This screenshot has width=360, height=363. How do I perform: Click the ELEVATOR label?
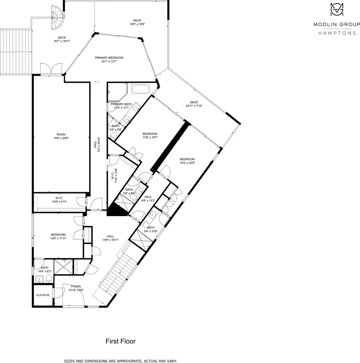[43, 295]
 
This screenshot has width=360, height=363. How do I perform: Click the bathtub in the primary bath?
[141, 89]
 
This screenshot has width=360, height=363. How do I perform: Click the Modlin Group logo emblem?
[337, 9]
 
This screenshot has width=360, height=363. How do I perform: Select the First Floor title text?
[121, 341]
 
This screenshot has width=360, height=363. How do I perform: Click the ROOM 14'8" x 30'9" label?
[61, 136]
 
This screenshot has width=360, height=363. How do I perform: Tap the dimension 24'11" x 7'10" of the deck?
[194, 106]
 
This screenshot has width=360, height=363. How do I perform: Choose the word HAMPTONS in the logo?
[337, 33]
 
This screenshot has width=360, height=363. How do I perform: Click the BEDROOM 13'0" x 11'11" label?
[58, 236]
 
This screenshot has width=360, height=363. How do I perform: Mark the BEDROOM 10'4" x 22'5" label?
[187, 161]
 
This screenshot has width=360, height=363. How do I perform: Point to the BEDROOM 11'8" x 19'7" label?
[150, 135]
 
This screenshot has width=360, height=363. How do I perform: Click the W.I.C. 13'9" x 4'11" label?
[59, 200]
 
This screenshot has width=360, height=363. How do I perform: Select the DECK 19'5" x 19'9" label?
[137, 22]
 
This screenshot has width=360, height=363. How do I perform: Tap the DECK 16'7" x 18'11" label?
[62, 39]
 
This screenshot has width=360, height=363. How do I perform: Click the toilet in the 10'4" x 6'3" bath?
[49, 279]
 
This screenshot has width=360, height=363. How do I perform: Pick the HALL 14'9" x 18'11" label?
[110, 238]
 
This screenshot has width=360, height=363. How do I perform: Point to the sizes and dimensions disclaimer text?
[120, 361]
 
